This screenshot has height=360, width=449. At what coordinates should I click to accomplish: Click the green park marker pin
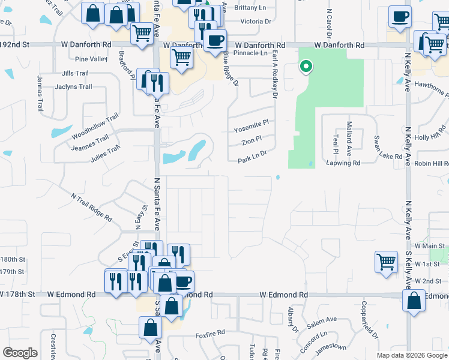coord(306,67)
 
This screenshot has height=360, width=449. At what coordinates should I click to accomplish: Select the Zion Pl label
coord(252,141)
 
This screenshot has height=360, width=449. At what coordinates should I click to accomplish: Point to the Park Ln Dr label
coord(252,160)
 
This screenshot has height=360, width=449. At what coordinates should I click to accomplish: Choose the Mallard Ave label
coord(349,139)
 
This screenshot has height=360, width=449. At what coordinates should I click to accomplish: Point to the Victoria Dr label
coord(255,21)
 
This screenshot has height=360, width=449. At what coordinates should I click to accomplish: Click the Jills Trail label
coord(75,73)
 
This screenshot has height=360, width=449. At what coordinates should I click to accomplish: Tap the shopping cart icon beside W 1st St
coord(387,262)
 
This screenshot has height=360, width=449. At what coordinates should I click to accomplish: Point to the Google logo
coord(20,353)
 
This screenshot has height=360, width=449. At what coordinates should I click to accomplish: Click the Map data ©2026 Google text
coord(411,355)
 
